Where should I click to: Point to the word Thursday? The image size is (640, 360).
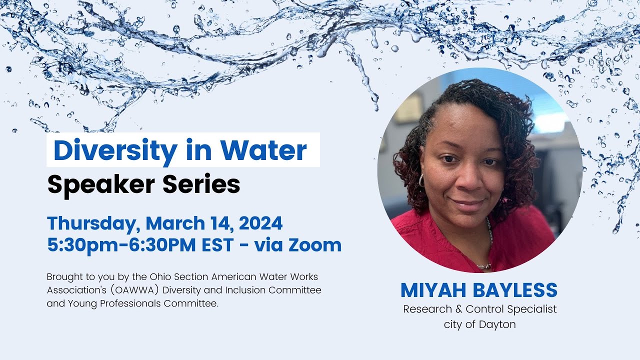point(90,223)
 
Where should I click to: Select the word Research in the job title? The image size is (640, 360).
point(425,309)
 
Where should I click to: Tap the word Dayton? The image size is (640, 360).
point(497,324)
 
